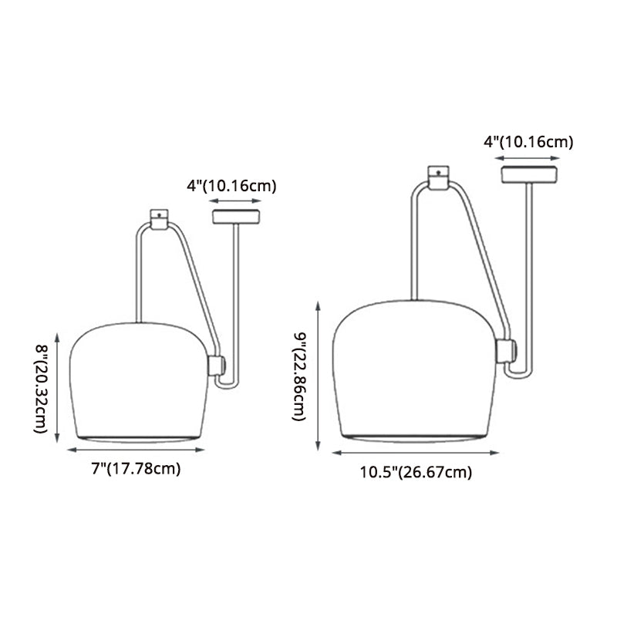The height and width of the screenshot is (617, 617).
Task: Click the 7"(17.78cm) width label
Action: (x=137, y=469)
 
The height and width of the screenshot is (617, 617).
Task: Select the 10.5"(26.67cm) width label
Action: (x=416, y=472)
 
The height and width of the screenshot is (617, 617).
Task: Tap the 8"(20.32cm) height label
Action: (x=41, y=389)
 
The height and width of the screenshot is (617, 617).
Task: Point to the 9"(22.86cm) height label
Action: (x=299, y=376)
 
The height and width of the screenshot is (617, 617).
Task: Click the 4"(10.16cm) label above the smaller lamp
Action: (x=232, y=186)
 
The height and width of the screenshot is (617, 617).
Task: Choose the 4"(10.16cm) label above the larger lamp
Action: (x=528, y=142)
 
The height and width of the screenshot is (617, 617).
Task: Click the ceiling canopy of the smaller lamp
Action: (x=236, y=217)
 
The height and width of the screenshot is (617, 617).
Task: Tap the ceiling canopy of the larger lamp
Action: (x=529, y=175)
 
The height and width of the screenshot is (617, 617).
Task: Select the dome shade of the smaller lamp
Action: (x=139, y=382)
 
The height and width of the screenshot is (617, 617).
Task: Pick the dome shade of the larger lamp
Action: (x=414, y=371)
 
